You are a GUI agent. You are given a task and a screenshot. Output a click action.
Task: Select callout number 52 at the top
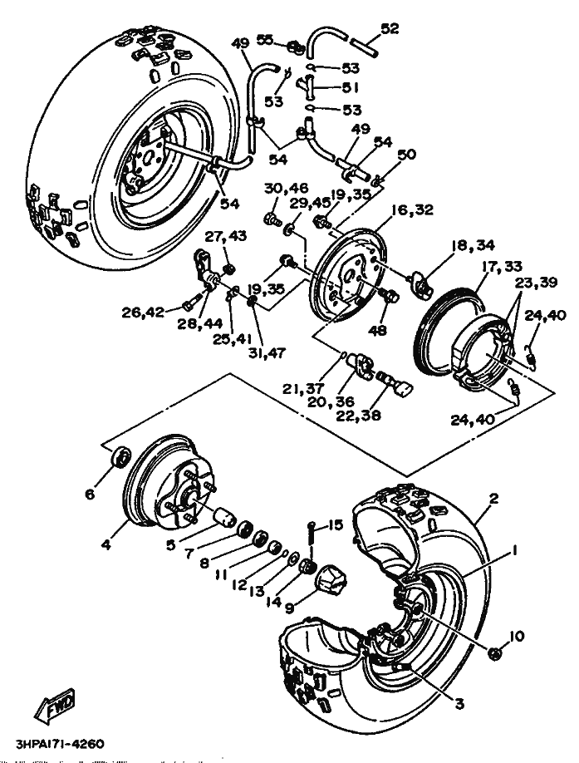tap(390, 29)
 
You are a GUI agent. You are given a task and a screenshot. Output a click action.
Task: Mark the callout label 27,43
tap(226, 237)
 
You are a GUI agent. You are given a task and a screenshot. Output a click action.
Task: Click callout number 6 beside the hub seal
tap(90, 494)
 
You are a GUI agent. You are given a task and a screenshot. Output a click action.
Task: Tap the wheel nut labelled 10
tap(494, 653)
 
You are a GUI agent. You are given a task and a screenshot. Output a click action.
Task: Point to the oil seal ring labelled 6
tap(120, 456)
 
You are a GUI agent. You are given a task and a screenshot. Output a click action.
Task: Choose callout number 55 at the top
tap(265, 39)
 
